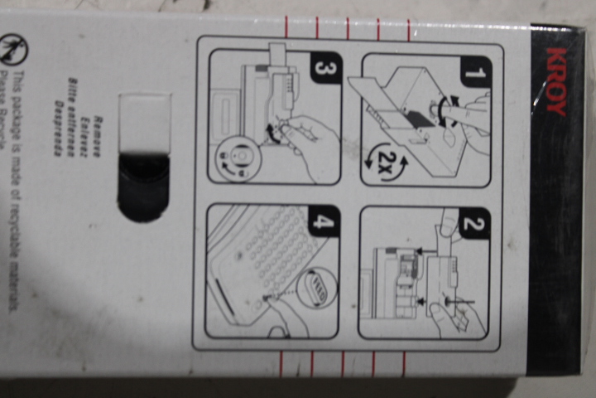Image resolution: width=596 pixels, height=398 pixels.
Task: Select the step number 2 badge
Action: pos(474,223)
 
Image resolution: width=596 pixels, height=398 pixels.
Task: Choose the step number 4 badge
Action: pos(324,221)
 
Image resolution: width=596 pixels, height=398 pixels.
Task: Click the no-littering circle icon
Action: pos(12,48)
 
